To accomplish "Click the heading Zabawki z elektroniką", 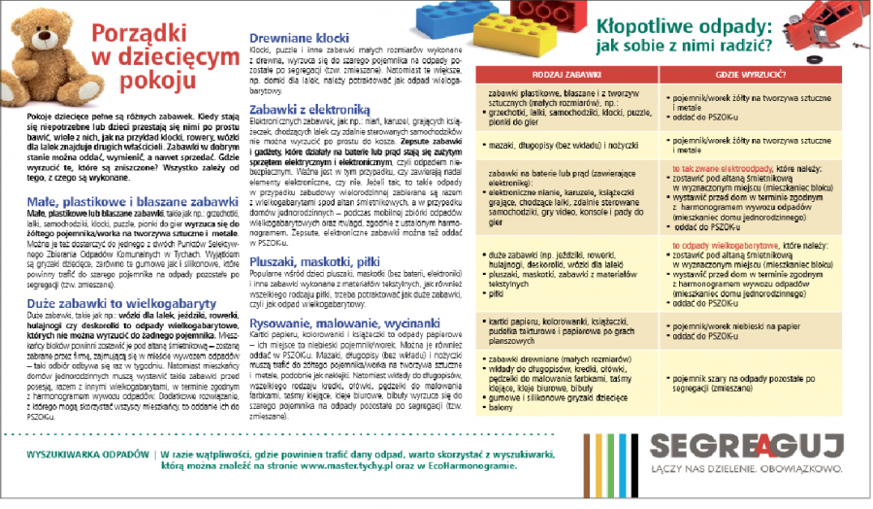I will (x=305, y=110).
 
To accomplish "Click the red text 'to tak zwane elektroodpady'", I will (x=719, y=168).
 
